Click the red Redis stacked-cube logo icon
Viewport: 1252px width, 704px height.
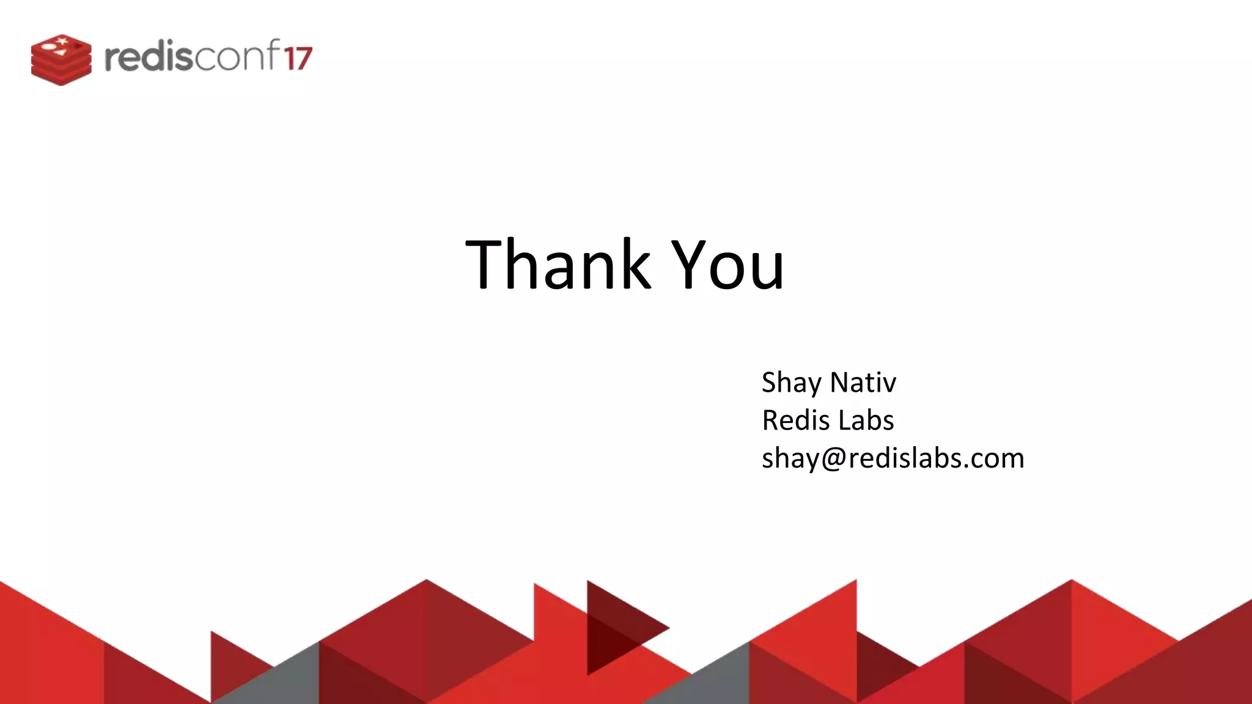tap(61, 60)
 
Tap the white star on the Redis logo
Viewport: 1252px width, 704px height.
tap(61, 41)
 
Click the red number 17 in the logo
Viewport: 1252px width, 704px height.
tap(298, 59)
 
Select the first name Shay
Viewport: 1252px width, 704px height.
tap(791, 383)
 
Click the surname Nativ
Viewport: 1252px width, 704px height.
tap(863, 383)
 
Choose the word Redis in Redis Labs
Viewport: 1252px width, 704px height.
tap(795, 420)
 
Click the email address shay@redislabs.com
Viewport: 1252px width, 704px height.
tap(893, 458)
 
